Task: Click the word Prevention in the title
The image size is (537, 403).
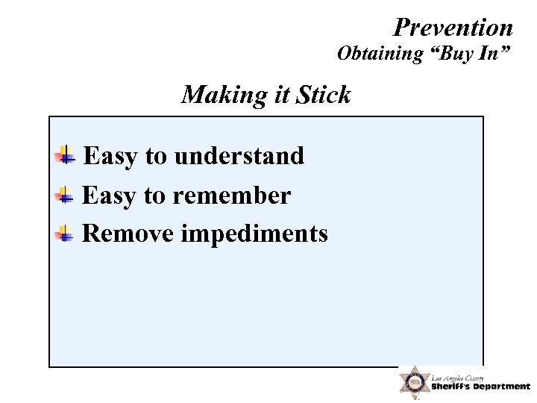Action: [453, 28]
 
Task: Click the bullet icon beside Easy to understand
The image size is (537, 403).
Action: [66, 156]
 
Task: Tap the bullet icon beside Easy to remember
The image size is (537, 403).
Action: [66, 196]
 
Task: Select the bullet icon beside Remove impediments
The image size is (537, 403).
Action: [66, 234]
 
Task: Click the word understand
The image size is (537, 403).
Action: [239, 156]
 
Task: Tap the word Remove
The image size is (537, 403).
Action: [128, 234]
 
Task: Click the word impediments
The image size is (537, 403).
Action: [254, 234]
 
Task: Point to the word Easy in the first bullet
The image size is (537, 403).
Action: [111, 156]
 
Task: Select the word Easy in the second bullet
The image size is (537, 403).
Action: [110, 196]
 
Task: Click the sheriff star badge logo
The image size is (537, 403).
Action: [412, 383]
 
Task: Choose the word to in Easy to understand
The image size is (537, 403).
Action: [156, 156]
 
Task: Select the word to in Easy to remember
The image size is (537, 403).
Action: [154, 196]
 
